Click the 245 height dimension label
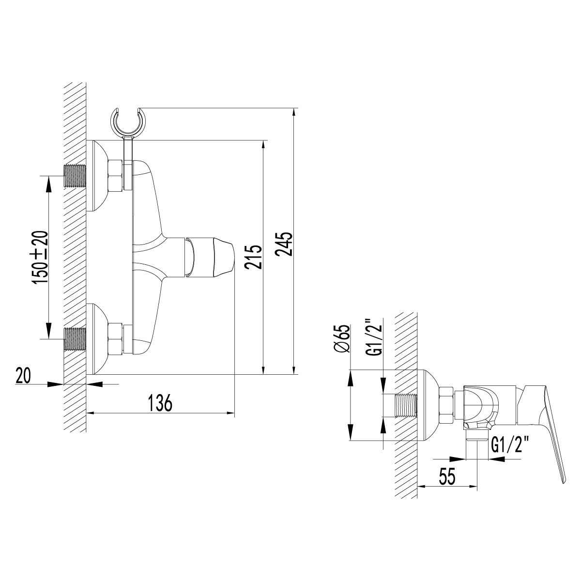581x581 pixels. [285, 244]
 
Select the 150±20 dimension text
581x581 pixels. [40, 257]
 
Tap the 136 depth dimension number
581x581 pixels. [160, 402]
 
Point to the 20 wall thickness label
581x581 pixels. [23, 376]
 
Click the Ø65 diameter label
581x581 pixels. [342, 338]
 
